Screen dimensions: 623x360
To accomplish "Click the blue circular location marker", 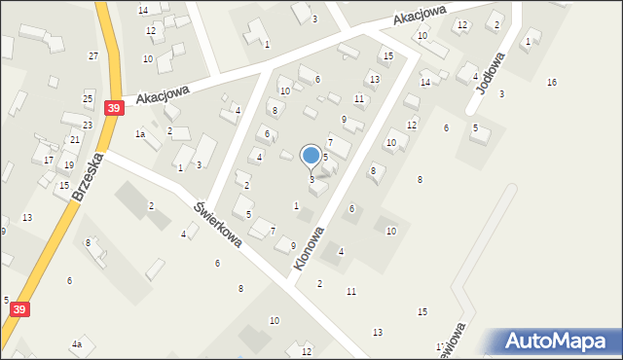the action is [x=311, y=155].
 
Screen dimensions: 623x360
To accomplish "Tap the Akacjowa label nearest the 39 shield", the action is [x=161, y=95].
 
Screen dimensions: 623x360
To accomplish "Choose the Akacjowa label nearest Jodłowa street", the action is [x=420, y=16].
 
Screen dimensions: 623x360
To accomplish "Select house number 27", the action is [x=92, y=56].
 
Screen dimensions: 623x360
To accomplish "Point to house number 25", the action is [x=88, y=99].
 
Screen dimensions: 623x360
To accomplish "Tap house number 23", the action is [x=87, y=125].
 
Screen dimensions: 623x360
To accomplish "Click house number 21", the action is [x=75, y=140].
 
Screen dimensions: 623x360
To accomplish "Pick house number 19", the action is [x=69, y=165].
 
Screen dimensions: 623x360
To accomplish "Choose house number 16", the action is [x=552, y=83].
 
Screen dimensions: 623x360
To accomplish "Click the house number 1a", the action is [x=140, y=134].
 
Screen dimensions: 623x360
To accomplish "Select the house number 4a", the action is [x=76, y=344].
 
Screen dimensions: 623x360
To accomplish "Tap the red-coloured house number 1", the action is [x=528, y=41].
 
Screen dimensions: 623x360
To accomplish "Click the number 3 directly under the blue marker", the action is [x=311, y=179].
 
